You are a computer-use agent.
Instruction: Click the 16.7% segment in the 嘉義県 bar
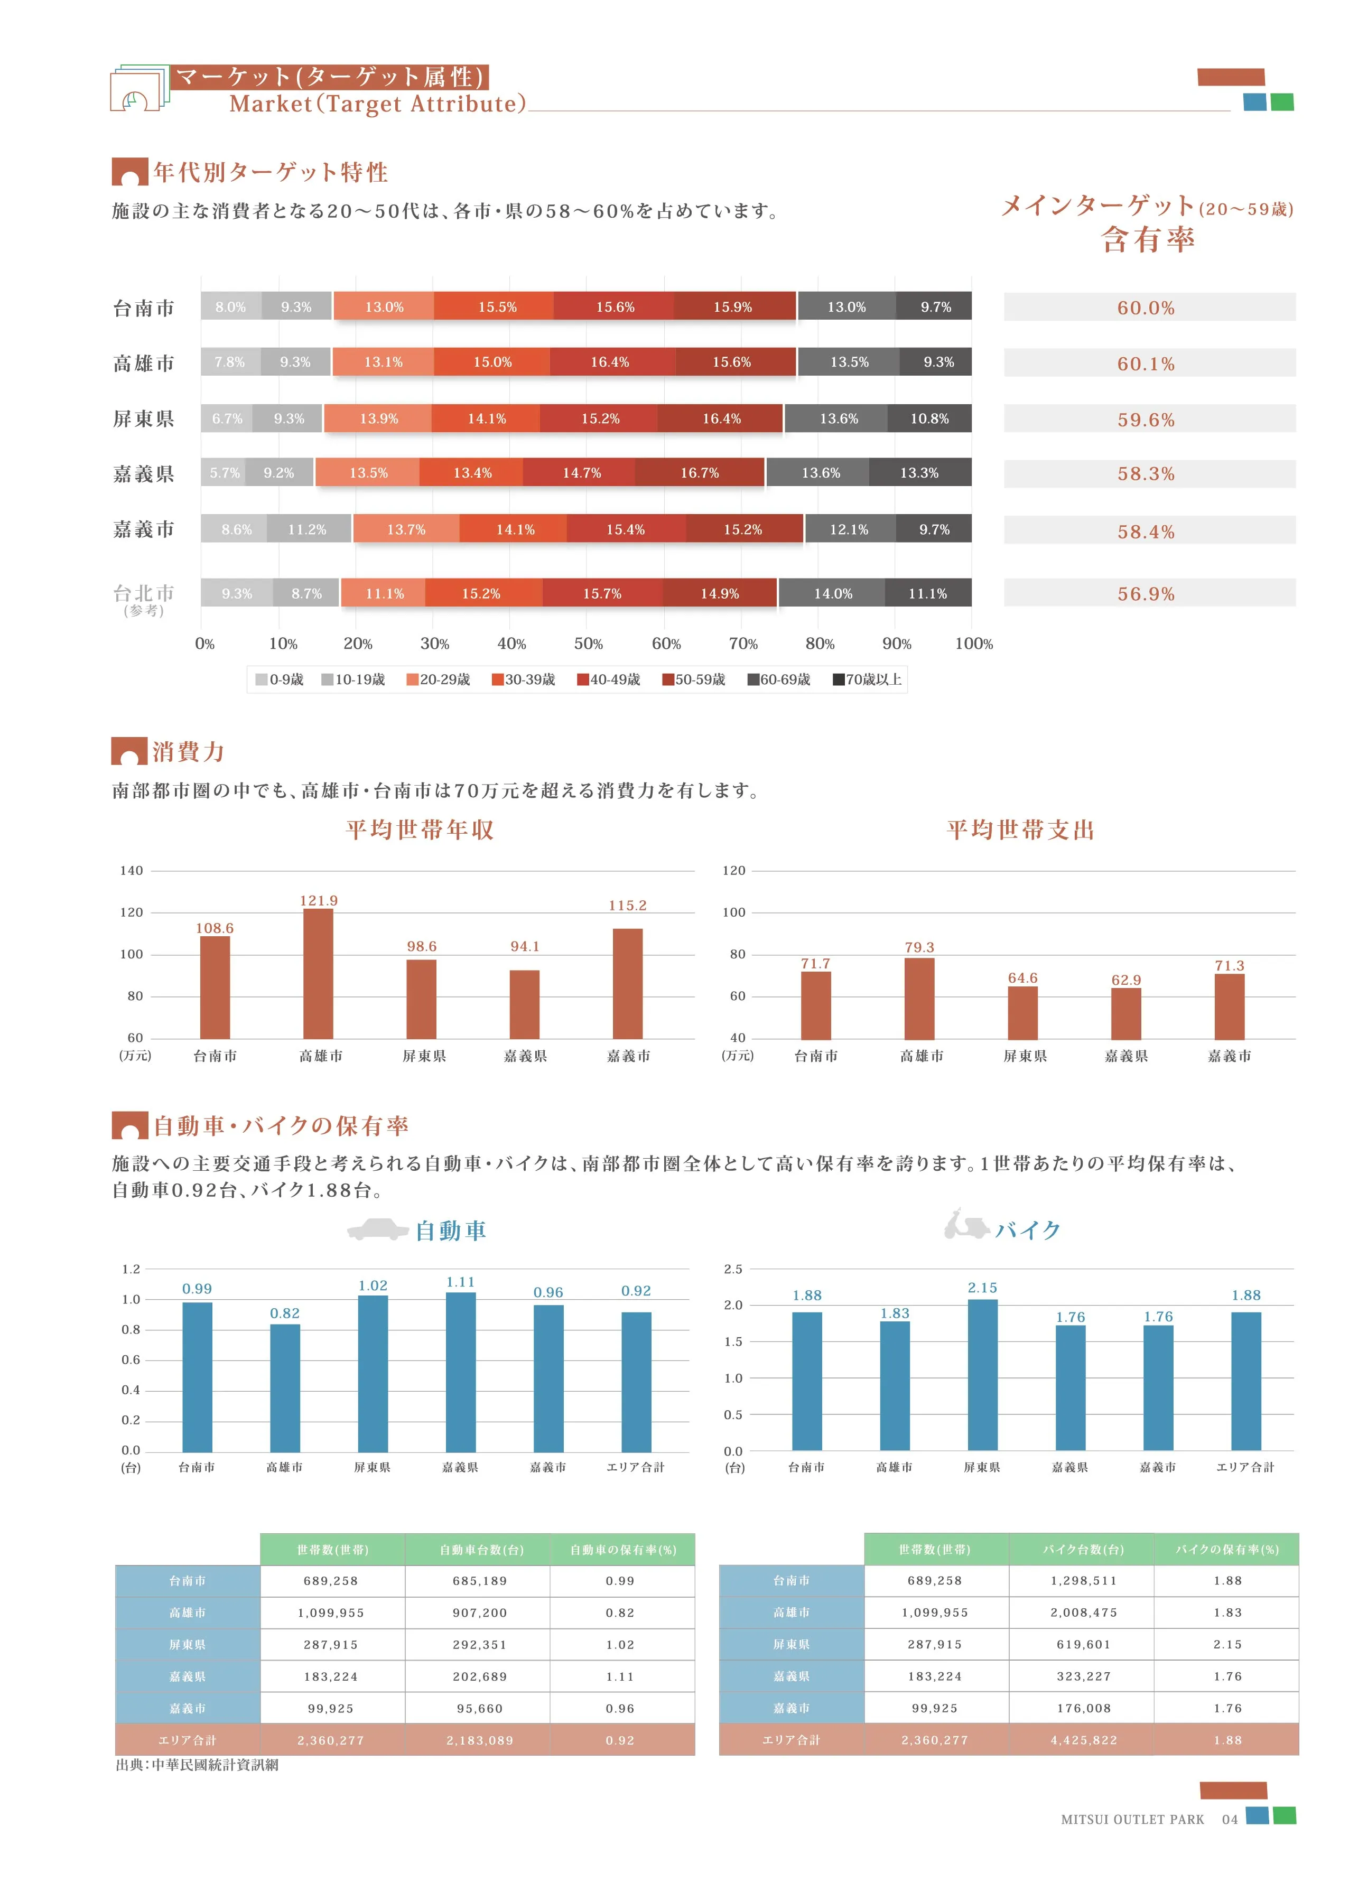click(x=700, y=472)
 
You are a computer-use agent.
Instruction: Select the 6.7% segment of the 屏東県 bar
click(x=227, y=418)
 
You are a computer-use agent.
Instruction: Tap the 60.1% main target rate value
click(x=1146, y=364)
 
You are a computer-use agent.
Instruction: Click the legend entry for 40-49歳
click(x=608, y=679)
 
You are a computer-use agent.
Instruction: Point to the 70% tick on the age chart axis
click(x=742, y=644)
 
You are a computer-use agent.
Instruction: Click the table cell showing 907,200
click(x=479, y=1612)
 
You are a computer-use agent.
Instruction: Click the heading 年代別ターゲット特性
click(x=270, y=172)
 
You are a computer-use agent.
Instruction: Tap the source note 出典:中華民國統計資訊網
click(x=197, y=1765)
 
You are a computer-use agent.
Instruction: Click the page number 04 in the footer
click(x=1230, y=1819)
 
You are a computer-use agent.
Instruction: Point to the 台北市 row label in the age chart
click(x=144, y=593)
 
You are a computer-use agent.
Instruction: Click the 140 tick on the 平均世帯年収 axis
click(x=131, y=870)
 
